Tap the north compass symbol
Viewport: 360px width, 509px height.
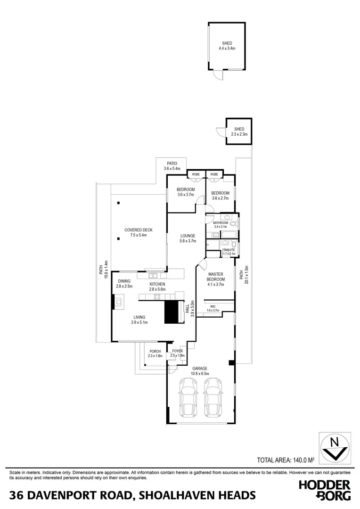[x=335, y=448]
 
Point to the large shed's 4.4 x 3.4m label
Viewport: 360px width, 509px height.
[x=227, y=46]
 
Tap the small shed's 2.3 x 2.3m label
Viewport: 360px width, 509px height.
[x=239, y=132]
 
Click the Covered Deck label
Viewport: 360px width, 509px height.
[x=139, y=232]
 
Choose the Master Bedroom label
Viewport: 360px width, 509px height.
[x=216, y=279]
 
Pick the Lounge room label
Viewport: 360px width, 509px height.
[x=187, y=238]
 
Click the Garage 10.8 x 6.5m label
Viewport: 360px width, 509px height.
[x=200, y=371]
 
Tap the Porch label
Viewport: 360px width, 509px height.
[x=155, y=353]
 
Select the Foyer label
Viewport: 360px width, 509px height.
[x=177, y=353]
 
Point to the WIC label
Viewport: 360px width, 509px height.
[x=213, y=308]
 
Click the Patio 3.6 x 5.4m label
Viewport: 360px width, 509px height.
[x=172, y=166]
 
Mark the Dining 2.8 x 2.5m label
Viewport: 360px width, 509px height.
[x=125, y=284]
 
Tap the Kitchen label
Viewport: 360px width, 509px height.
[x=157, y=287]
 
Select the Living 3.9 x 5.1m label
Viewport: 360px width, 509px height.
[x=139, y=320]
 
